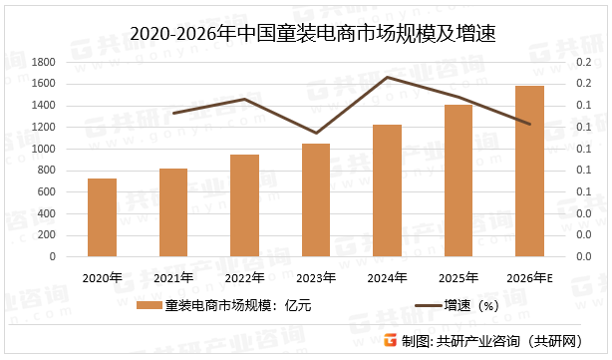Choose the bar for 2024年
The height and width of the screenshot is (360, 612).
tap(387, 190)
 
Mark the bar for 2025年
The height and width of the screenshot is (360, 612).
tap(458, 180)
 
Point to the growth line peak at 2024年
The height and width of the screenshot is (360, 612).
tap(387, 77)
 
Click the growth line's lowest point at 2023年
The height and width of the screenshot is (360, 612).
tap(316, 133)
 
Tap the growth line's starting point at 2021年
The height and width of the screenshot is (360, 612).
tap(173, 113)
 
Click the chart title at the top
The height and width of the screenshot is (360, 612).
tap(306, 32)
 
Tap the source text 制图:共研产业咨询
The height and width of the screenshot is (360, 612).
tap(497, 341)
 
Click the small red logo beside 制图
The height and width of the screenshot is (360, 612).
tap(391, 341)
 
